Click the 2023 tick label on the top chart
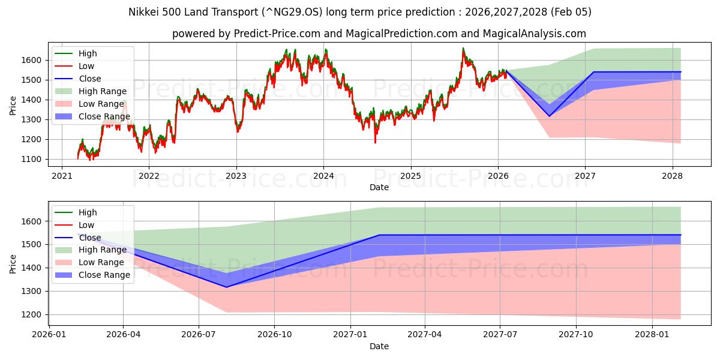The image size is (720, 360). pyautogui.click(x=236, y=176)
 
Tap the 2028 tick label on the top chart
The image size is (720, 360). pyautogui.click(x=672, y=176)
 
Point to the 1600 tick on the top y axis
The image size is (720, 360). pyautogui.click(x=33, y=60)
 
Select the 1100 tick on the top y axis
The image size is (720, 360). pyautogui.click(x=33, y=160)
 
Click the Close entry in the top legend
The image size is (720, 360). pyautogui.click(x=90, y=79)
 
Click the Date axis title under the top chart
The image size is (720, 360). pyautogui.click(x=379, y=187)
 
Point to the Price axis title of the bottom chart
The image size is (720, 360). pyautogui.click(x=13, y=263)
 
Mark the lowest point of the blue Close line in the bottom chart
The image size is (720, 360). pyautogui.click(x=226, y=287)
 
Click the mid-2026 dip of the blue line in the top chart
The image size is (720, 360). pyautogui.click(x=549, y=116)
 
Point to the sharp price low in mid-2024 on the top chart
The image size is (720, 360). pyautogui.click(x=376, y=142)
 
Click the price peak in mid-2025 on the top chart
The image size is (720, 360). pyautogui.click(x=463, y=49)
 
